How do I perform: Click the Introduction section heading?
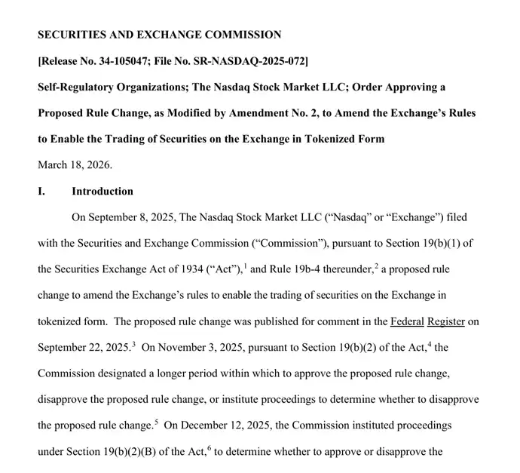tap(102, 192)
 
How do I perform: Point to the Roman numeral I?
tap(41, 192)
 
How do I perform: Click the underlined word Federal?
tap(406, 321)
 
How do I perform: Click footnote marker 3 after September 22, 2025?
tap(133, 344)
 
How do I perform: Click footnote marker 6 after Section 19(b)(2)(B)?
tap(210, 448)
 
